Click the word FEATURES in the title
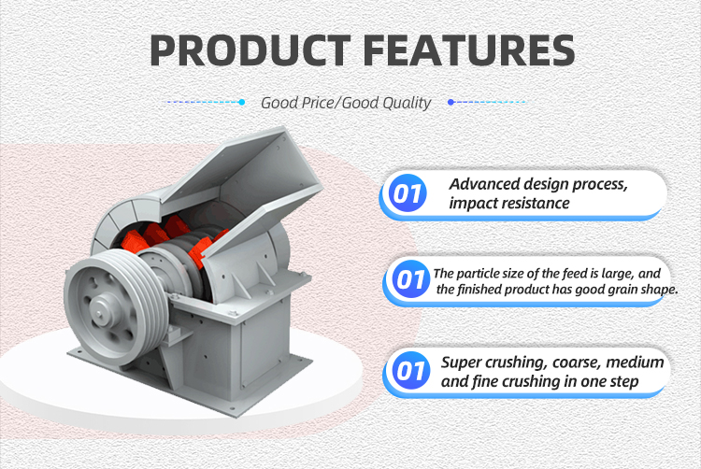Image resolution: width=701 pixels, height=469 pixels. [x=468, y=50]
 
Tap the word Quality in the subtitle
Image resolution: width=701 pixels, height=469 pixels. [x=407, y=103]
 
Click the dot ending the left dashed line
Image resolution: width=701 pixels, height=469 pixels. [x=242, y=102]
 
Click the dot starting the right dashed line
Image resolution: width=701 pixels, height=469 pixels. [x=451, y=102]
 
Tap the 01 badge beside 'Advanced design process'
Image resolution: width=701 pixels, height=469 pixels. [x=408, y=193]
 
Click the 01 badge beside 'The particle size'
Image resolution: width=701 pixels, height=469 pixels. [x=410, y=279]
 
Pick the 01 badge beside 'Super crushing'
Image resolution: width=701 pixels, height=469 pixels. [x=410, y=370]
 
